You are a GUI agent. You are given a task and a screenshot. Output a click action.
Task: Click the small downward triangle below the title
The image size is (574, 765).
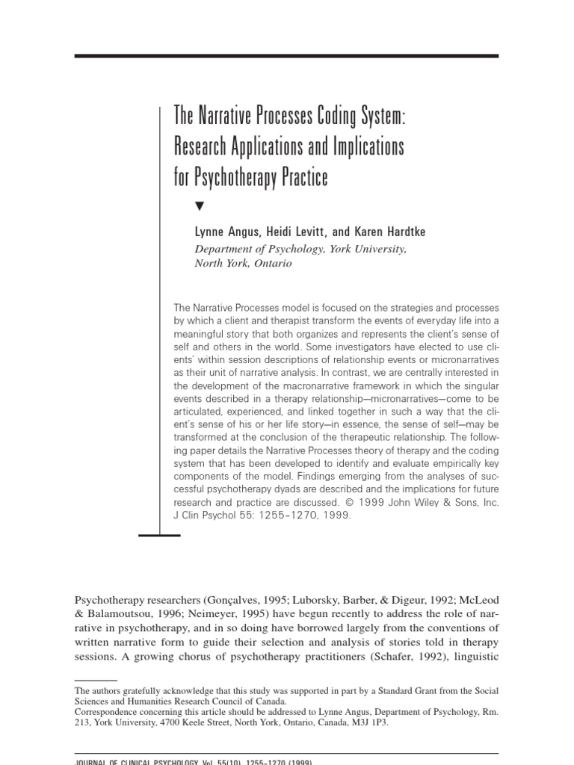coord(198,205)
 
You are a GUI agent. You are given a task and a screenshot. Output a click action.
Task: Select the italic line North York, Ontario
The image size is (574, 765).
coord(242,263)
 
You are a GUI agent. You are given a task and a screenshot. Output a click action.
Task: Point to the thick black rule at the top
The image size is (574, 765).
coord(287,56)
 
